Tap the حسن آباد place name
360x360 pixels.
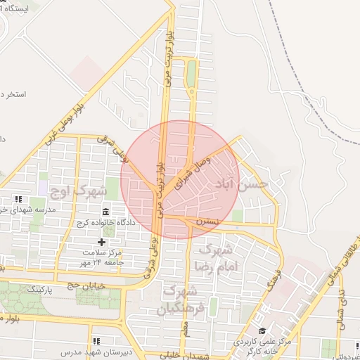(x=251, y=184)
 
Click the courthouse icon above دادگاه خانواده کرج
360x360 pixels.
(x=105, y=212)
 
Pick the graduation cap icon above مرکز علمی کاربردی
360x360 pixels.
(x=262, y=331)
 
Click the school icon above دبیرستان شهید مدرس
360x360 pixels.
(x=96, y=341)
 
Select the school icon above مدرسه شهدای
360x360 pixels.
(x=18, y=199)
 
